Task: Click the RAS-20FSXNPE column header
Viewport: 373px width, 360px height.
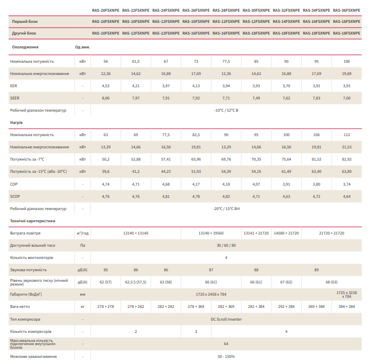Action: point(106,10)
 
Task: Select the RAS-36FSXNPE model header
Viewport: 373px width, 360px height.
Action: point(346,10)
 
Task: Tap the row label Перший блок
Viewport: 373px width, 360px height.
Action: point(25,22)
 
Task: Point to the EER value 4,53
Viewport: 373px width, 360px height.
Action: point(106,86)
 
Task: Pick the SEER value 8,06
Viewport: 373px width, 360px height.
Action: point(106,98)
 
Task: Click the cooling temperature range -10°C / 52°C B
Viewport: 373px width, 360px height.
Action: point(226,110)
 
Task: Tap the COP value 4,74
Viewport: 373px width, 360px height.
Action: point(106,184)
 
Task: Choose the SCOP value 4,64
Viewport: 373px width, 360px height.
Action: point(346,196)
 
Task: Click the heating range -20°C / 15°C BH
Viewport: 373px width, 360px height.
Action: point(226,208)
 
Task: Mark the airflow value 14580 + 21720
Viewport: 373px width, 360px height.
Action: point(286,233)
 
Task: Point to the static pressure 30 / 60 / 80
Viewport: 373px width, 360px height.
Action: point(226,245)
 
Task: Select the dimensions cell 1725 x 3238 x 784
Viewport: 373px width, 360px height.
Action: point(346,294)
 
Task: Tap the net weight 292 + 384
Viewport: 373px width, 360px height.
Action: point(286,306)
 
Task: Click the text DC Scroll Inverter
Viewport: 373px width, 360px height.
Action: point(226,319)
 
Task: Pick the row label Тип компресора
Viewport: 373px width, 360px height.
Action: point(25,319)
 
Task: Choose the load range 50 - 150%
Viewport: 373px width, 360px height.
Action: point(226,356)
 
